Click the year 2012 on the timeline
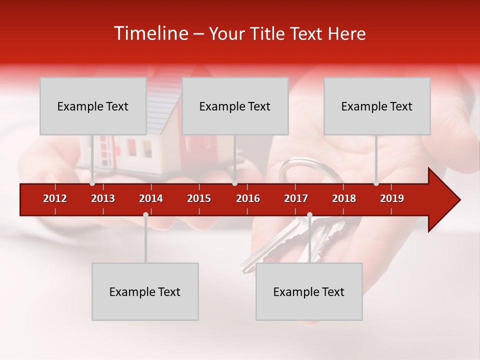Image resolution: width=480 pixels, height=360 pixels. [x=55, y=198]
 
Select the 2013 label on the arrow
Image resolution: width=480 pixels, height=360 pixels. [x=103, y=198]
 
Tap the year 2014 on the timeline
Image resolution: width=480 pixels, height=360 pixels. [x=151, y=198]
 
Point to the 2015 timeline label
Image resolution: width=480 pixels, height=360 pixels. [x=199, y=198]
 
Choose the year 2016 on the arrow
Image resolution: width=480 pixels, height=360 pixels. [x=248, y=198]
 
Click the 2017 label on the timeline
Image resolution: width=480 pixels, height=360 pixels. [x=296, y=198]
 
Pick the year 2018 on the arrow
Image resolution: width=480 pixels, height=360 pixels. [x=344, y=198]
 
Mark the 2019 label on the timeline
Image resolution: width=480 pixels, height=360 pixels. [x=392, y=198]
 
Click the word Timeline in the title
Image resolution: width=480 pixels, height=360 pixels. [x=150, y=33]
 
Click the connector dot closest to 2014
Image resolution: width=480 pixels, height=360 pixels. [x=145, y=215]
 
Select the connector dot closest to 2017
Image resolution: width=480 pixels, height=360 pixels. [x=309, y=215]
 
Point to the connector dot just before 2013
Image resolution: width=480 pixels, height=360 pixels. [x=92, y=183]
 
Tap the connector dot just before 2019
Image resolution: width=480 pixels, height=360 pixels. [x=376, y=183]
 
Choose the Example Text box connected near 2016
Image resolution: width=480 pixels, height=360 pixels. [x=235, y=106]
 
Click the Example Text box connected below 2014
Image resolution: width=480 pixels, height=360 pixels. [x=145, y=291]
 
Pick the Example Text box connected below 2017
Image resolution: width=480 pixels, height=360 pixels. [x=309, y=291]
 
